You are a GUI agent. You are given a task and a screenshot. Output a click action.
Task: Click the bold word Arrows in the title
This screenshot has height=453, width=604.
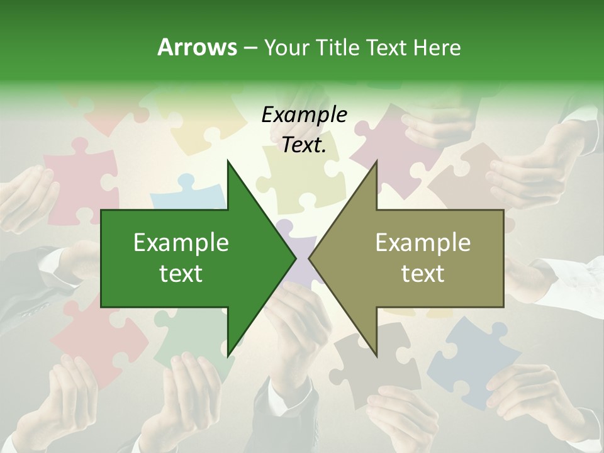pyautogui.click(x=197, y=47)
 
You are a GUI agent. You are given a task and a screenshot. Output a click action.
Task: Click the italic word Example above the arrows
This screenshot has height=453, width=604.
pyautogui.click(x=304, y=115)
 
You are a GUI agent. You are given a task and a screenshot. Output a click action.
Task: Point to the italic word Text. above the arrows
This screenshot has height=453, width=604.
pyautogui.click(x=304, y=145)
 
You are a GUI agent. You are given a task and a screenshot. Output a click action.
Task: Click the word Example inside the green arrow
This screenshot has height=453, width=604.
pyautogui.click(x=181, y=242)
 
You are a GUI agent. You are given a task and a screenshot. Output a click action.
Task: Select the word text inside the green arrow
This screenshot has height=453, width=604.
pyautogui.click(x=181, y=273)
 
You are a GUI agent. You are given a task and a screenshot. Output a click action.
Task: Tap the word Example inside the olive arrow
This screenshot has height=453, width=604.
pyautogui.click(x=423, y=242)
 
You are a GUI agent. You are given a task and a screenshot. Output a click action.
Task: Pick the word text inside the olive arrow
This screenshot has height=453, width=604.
pyautogui.click(x=423, y=273)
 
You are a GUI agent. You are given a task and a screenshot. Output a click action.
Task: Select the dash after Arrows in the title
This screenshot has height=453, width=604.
pyautogui.click(x=249, y=48)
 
